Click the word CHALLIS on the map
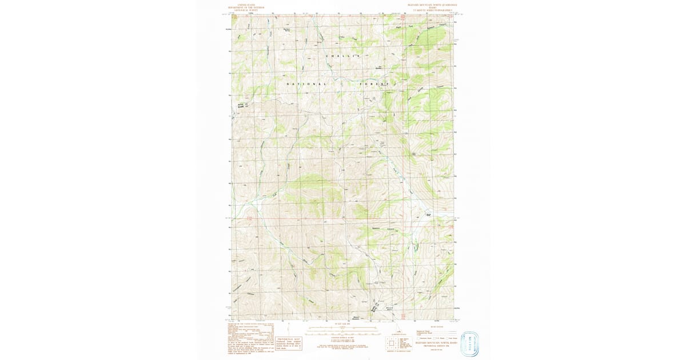tap(344, 56)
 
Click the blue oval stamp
tap(469, 343)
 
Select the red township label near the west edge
tap(249, 218)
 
